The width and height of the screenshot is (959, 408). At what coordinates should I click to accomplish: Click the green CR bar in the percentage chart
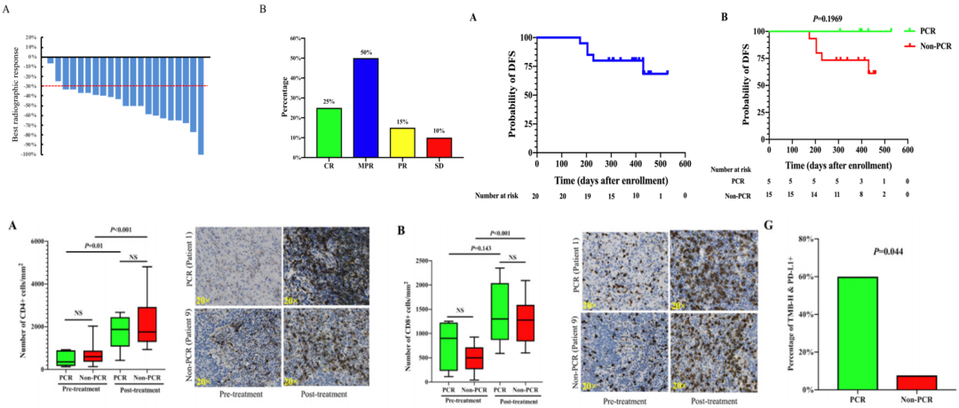pyautogui.click(x=305, y=132)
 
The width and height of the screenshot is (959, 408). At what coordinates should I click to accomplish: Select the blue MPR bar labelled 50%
pyautogui.click(x=342, y=107)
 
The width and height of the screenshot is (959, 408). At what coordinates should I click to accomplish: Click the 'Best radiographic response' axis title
pyautogui.click(x=17, y=98)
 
